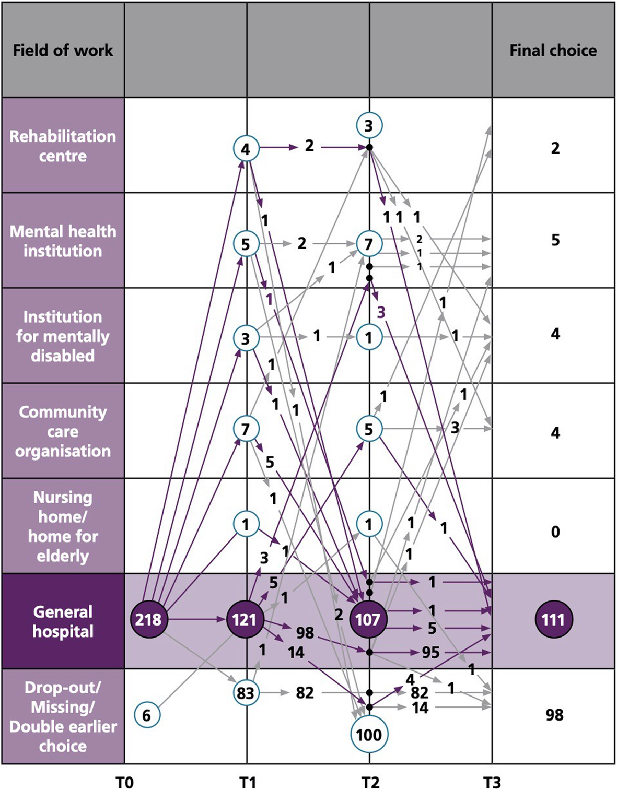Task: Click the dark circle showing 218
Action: pos(149,619)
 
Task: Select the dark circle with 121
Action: pos(245,619)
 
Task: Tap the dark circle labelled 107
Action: pos(368,619)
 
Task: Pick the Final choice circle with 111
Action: pos(554,619)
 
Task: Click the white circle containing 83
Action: pos(246,693)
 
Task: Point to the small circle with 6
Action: pos(147,715)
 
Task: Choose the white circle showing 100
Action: pos(369,735)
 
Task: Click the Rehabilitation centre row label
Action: pos(63,146)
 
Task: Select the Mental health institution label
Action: pos(63,241)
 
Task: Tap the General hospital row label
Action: pos(63,621)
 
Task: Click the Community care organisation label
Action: pos(63,431)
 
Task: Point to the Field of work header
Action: pos(63,51)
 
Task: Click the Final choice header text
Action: pos(553,51)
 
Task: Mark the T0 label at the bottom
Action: pos(124,782)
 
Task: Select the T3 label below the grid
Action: pos(492,782)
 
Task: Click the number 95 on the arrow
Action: pos(430,652)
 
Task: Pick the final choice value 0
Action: pos(555,532)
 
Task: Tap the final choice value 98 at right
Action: pos(555,715)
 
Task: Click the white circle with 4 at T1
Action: pos(246,149)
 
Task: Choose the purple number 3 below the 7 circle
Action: pos(381,312)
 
